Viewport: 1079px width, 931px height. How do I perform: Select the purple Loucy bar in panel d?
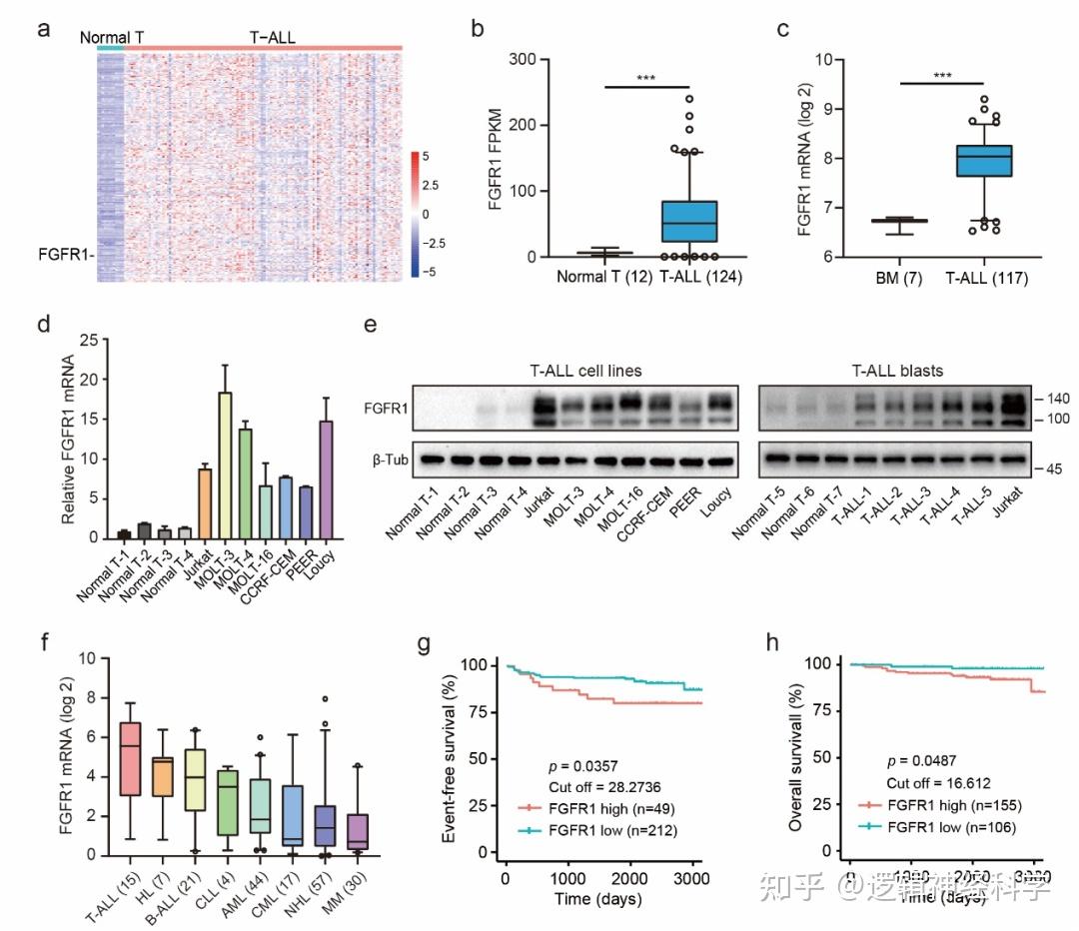324,479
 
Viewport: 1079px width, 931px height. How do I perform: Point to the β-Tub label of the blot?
389,461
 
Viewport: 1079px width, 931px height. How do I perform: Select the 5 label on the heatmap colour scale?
425,156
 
